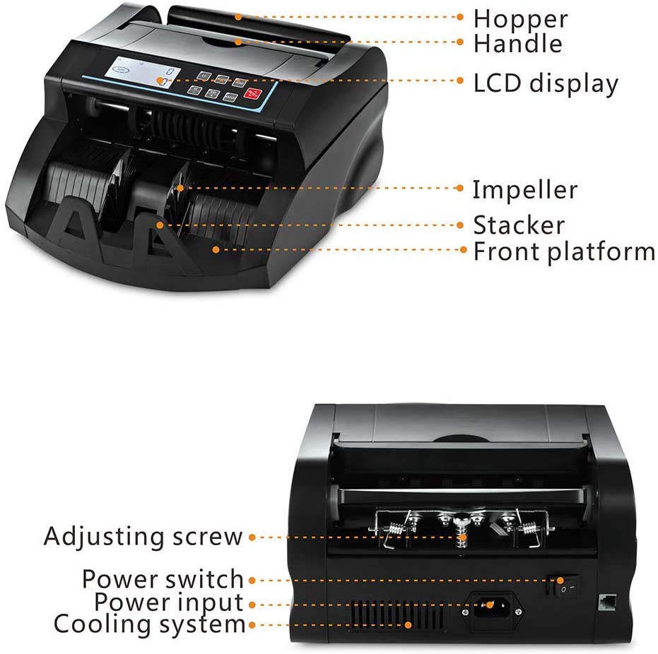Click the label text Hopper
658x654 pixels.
(x=520, y=19)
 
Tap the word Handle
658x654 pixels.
(x=518, y=44)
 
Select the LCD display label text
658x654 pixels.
(x=546, y=83)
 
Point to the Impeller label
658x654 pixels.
(x=524, y=190)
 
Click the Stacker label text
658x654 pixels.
(x=519, y=225)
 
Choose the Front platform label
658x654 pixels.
(x=563, y=252)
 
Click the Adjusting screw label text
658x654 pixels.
(x=143, y=537)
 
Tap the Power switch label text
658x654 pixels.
(x=163, y=579)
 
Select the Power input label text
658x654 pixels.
(x=169, y=603)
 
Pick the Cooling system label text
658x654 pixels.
(x=149, y=624)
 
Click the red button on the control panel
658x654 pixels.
(x=252, y=93)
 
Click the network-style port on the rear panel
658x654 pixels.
(x=607, y=602)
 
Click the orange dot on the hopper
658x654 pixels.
(x=238, y=17)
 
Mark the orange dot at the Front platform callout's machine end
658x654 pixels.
(x=216, y=250)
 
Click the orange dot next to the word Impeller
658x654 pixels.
(x=460, y=189)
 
